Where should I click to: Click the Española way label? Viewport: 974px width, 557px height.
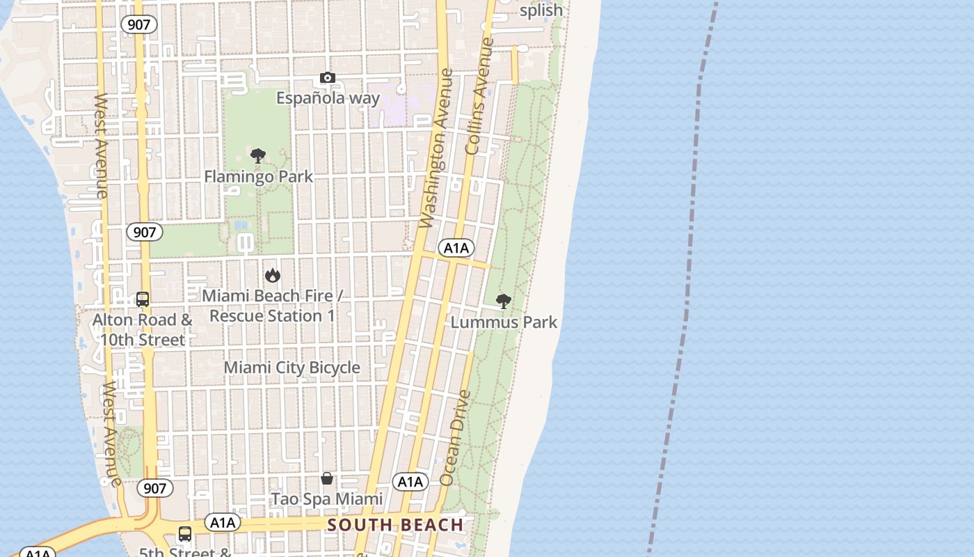[328, 98]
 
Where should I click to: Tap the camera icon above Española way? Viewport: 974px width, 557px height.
[328, 77]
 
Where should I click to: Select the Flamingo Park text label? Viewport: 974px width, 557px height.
[258, 177]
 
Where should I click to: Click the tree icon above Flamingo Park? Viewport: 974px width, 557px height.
[258, 155]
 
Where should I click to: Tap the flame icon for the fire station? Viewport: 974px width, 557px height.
[273, 275]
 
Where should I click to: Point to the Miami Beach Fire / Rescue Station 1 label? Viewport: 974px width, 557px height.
[272, 306]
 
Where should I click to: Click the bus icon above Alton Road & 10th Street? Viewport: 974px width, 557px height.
[143, 299]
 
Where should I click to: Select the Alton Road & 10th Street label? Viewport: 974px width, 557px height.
[143, 330]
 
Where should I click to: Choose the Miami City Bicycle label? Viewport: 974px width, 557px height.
[292, 368]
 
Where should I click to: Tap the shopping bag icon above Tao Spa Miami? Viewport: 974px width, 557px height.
[327, 478]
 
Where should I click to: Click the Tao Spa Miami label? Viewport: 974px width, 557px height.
[326, 499]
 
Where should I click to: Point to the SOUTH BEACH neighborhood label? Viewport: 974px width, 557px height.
[395, 525]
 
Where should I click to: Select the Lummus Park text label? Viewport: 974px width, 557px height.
[504, 322]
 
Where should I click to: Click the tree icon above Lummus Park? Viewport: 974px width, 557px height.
[504, 301]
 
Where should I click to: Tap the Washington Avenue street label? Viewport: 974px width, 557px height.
[436, 148]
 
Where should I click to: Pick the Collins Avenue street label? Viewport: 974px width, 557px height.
[479, 96]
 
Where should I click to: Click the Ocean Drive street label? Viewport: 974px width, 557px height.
[456, 438]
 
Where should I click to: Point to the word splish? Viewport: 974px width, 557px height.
[541, 10]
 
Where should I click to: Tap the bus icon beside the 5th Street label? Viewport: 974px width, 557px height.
[185, 534]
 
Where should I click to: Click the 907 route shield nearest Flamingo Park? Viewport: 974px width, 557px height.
[144, 232]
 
